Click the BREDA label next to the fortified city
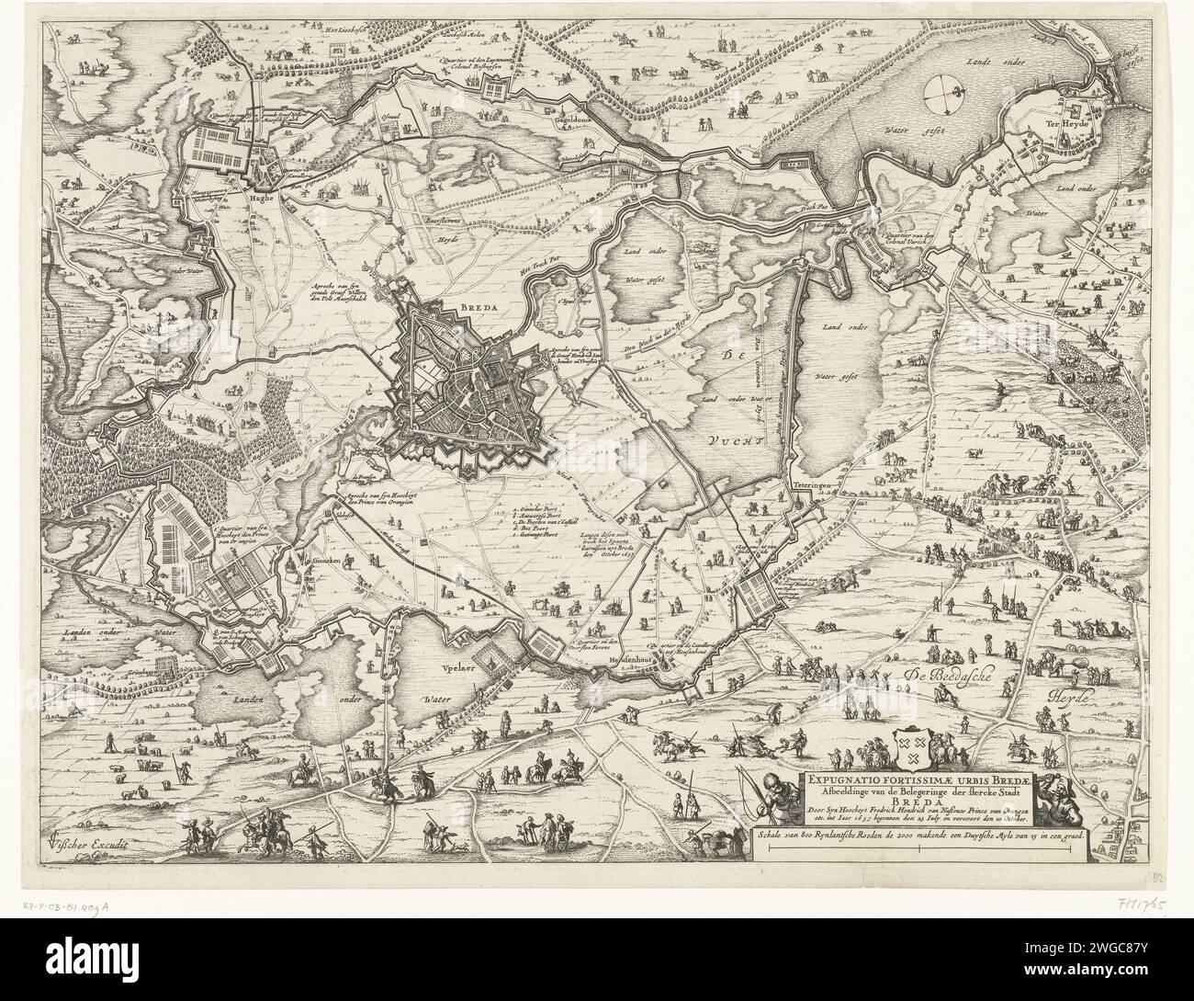pyautogui.click(x=483, y=285)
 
